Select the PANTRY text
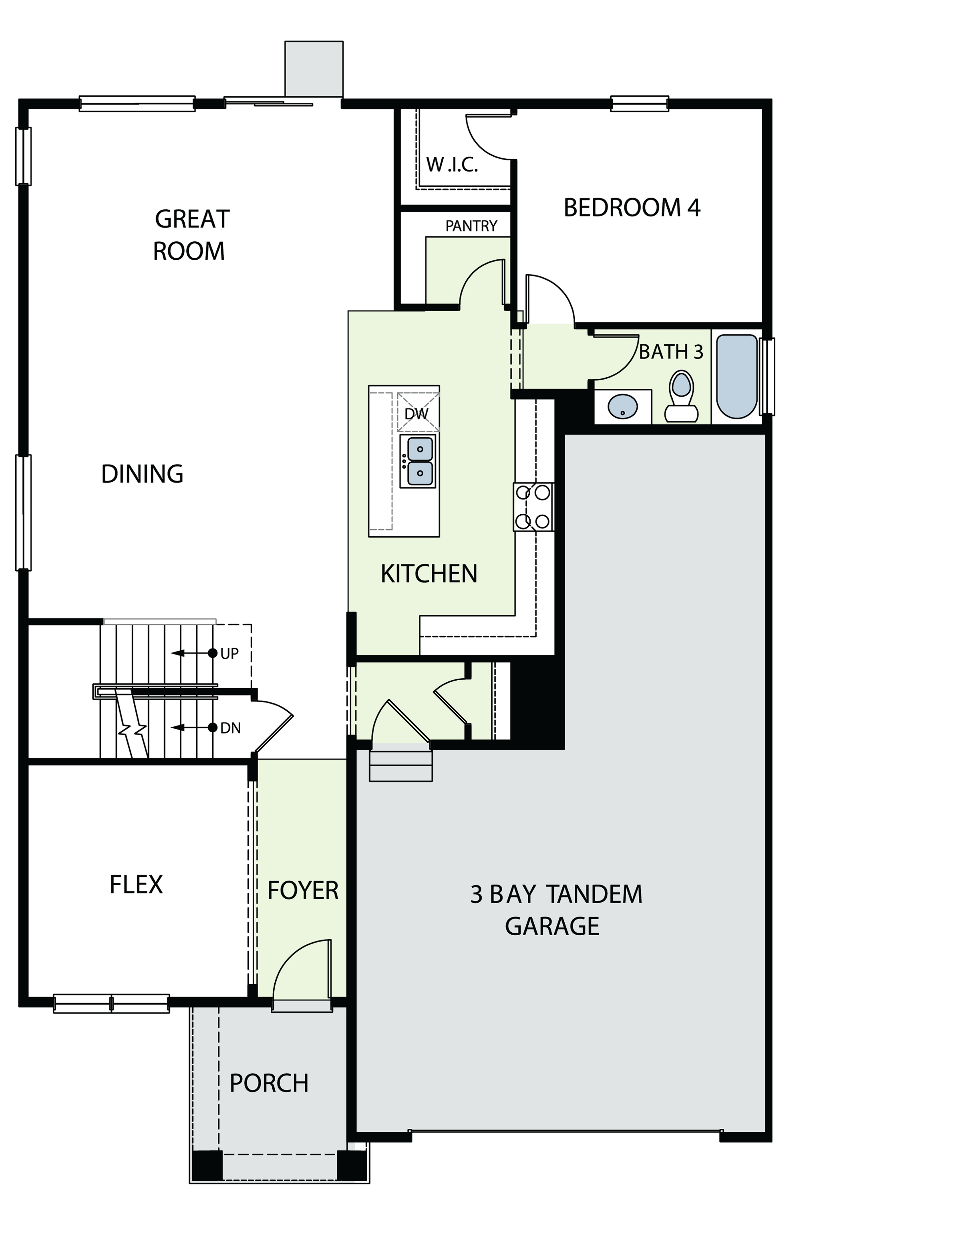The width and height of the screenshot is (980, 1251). point(471,226)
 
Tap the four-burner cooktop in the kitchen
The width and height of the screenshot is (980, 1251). point(533,507)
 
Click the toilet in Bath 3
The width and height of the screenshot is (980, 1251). point(681,397)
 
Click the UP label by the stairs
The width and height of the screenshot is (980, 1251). point(229,654)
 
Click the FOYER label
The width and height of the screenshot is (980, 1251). point(303,891)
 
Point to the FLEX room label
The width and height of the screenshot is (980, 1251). point(136,885)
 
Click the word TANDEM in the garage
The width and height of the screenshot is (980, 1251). point(594,895)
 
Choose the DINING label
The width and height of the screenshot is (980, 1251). point(142,474)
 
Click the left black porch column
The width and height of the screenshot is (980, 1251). point(207,1166)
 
